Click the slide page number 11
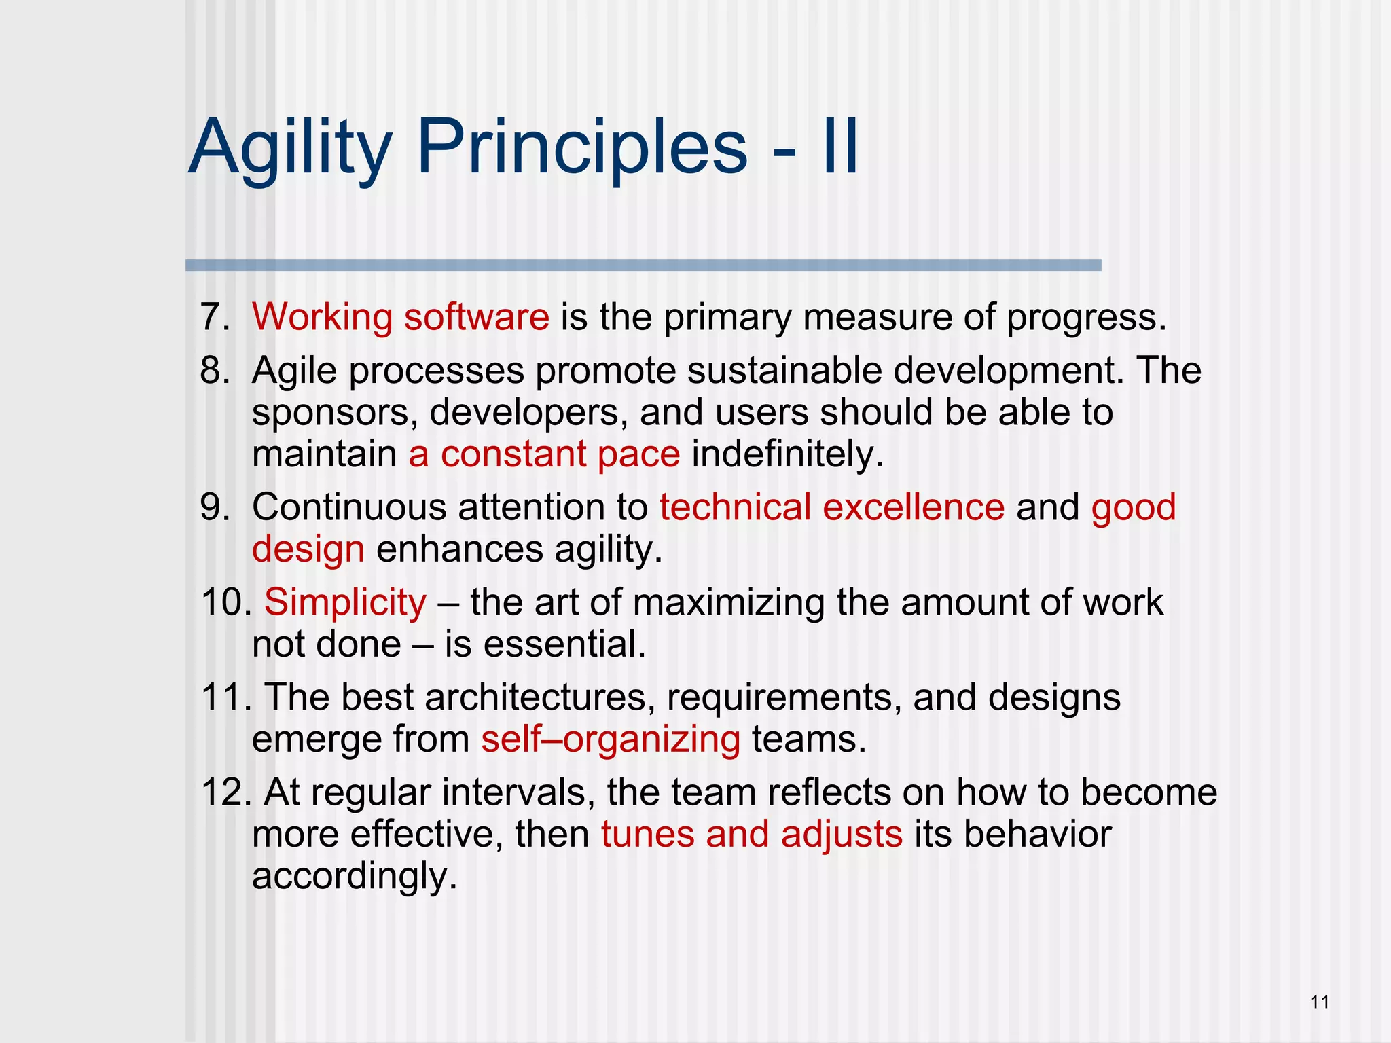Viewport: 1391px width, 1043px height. [x=1320, y=1002]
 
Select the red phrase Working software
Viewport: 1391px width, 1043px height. [x=401, y=317]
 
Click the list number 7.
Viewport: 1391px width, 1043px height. [x=215, y=317]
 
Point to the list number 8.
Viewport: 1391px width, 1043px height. [x=215, y=371]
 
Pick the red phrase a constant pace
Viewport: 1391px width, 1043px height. [x=544, y=454]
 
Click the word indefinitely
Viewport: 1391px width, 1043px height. [x=787, y=454]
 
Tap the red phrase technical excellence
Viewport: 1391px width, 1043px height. [x=832, y=507]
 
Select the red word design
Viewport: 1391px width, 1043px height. [x=308, y=549]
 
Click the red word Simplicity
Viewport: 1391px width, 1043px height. [x=345, y=602]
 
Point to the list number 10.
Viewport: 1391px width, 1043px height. [x=227, y=602]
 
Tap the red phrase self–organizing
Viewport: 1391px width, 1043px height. [x=611, y=739]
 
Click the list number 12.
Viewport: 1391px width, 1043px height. [x=227, y=792]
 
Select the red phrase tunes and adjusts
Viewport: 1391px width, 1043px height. [x=752, y=835]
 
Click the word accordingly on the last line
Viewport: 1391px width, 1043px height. [x=355, y=877]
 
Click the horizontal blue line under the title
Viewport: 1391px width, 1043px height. [x=643, y=266]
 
